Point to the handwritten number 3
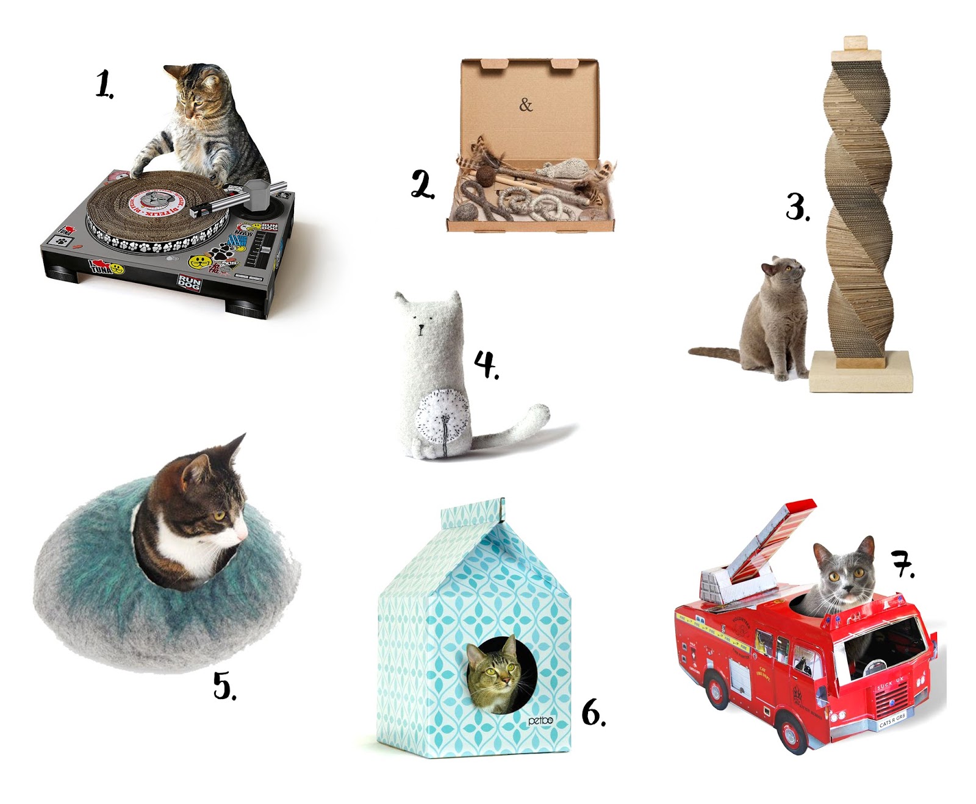797,207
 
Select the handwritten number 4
486,364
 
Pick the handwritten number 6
592,712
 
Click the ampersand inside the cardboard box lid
526,105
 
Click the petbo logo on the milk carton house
540,720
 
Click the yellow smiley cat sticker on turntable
199,262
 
